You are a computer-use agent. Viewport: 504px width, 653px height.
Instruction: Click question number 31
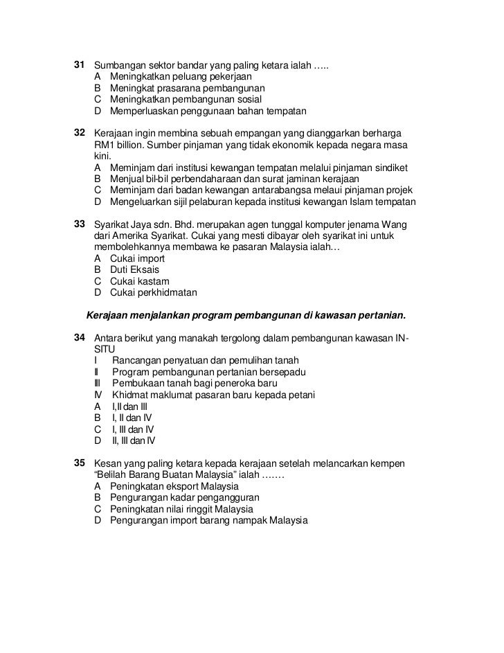[x=78, y=65]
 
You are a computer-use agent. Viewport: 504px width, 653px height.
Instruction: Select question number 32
[x=78, y=132]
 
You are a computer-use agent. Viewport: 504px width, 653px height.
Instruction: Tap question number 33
[x=78, y=225]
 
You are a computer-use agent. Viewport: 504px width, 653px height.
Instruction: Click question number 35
[x=78, y=463]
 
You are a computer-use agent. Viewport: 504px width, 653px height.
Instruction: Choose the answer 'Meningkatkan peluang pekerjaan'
[x=181, y=77]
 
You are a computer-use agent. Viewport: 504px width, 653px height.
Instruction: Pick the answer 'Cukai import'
[x=137, y=258]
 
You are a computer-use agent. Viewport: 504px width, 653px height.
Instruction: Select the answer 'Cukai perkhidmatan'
[x=153, y=292]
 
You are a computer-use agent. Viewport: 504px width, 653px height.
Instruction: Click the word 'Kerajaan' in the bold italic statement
[x=108, y=316]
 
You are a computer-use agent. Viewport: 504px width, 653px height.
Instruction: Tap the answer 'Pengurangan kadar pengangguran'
[x=184, y=497]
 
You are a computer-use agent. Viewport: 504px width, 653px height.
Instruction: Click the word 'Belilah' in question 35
[x=115, y=474]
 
